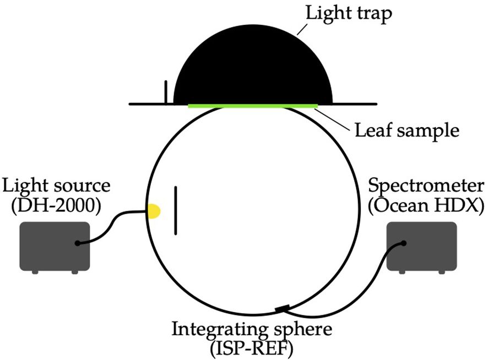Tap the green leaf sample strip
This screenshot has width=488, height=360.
(253, 105)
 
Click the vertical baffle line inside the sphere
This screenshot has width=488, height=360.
(176, 211)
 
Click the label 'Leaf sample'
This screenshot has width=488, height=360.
(406, 131)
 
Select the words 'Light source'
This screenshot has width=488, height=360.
(56, 184)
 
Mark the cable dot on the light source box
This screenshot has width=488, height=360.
(79, 243)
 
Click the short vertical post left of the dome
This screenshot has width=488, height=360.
(165, 92)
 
